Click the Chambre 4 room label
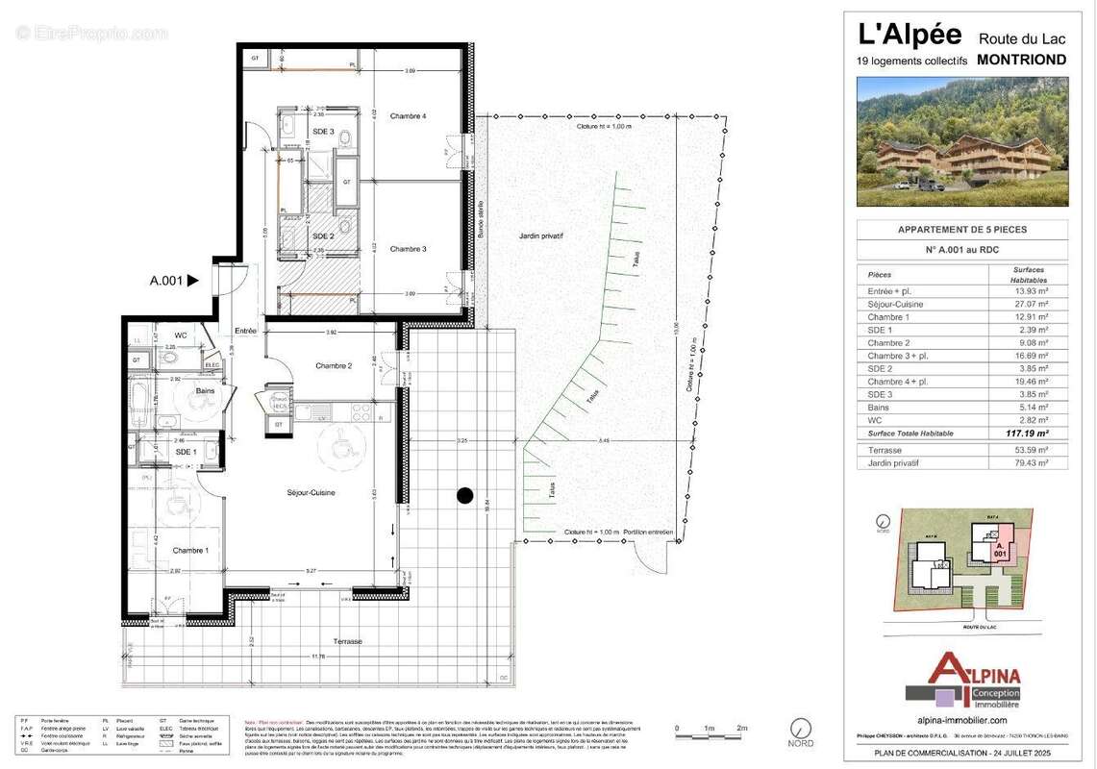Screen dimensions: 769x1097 [x=408, y=116]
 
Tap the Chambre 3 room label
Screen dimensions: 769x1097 [x=408, y=248]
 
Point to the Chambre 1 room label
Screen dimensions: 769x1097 [x=190, y=550]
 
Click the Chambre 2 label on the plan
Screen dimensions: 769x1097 [x=335, y=365]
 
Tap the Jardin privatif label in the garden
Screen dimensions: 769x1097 [x=539, y=235]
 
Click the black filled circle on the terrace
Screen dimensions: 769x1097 [x=464, y=496]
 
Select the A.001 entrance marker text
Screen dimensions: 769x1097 [x=166, y=281]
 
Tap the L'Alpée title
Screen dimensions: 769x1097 [x=910, y=35]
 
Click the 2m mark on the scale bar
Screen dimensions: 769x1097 [x=741, y=728]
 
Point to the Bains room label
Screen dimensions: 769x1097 [x=205, y=391]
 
